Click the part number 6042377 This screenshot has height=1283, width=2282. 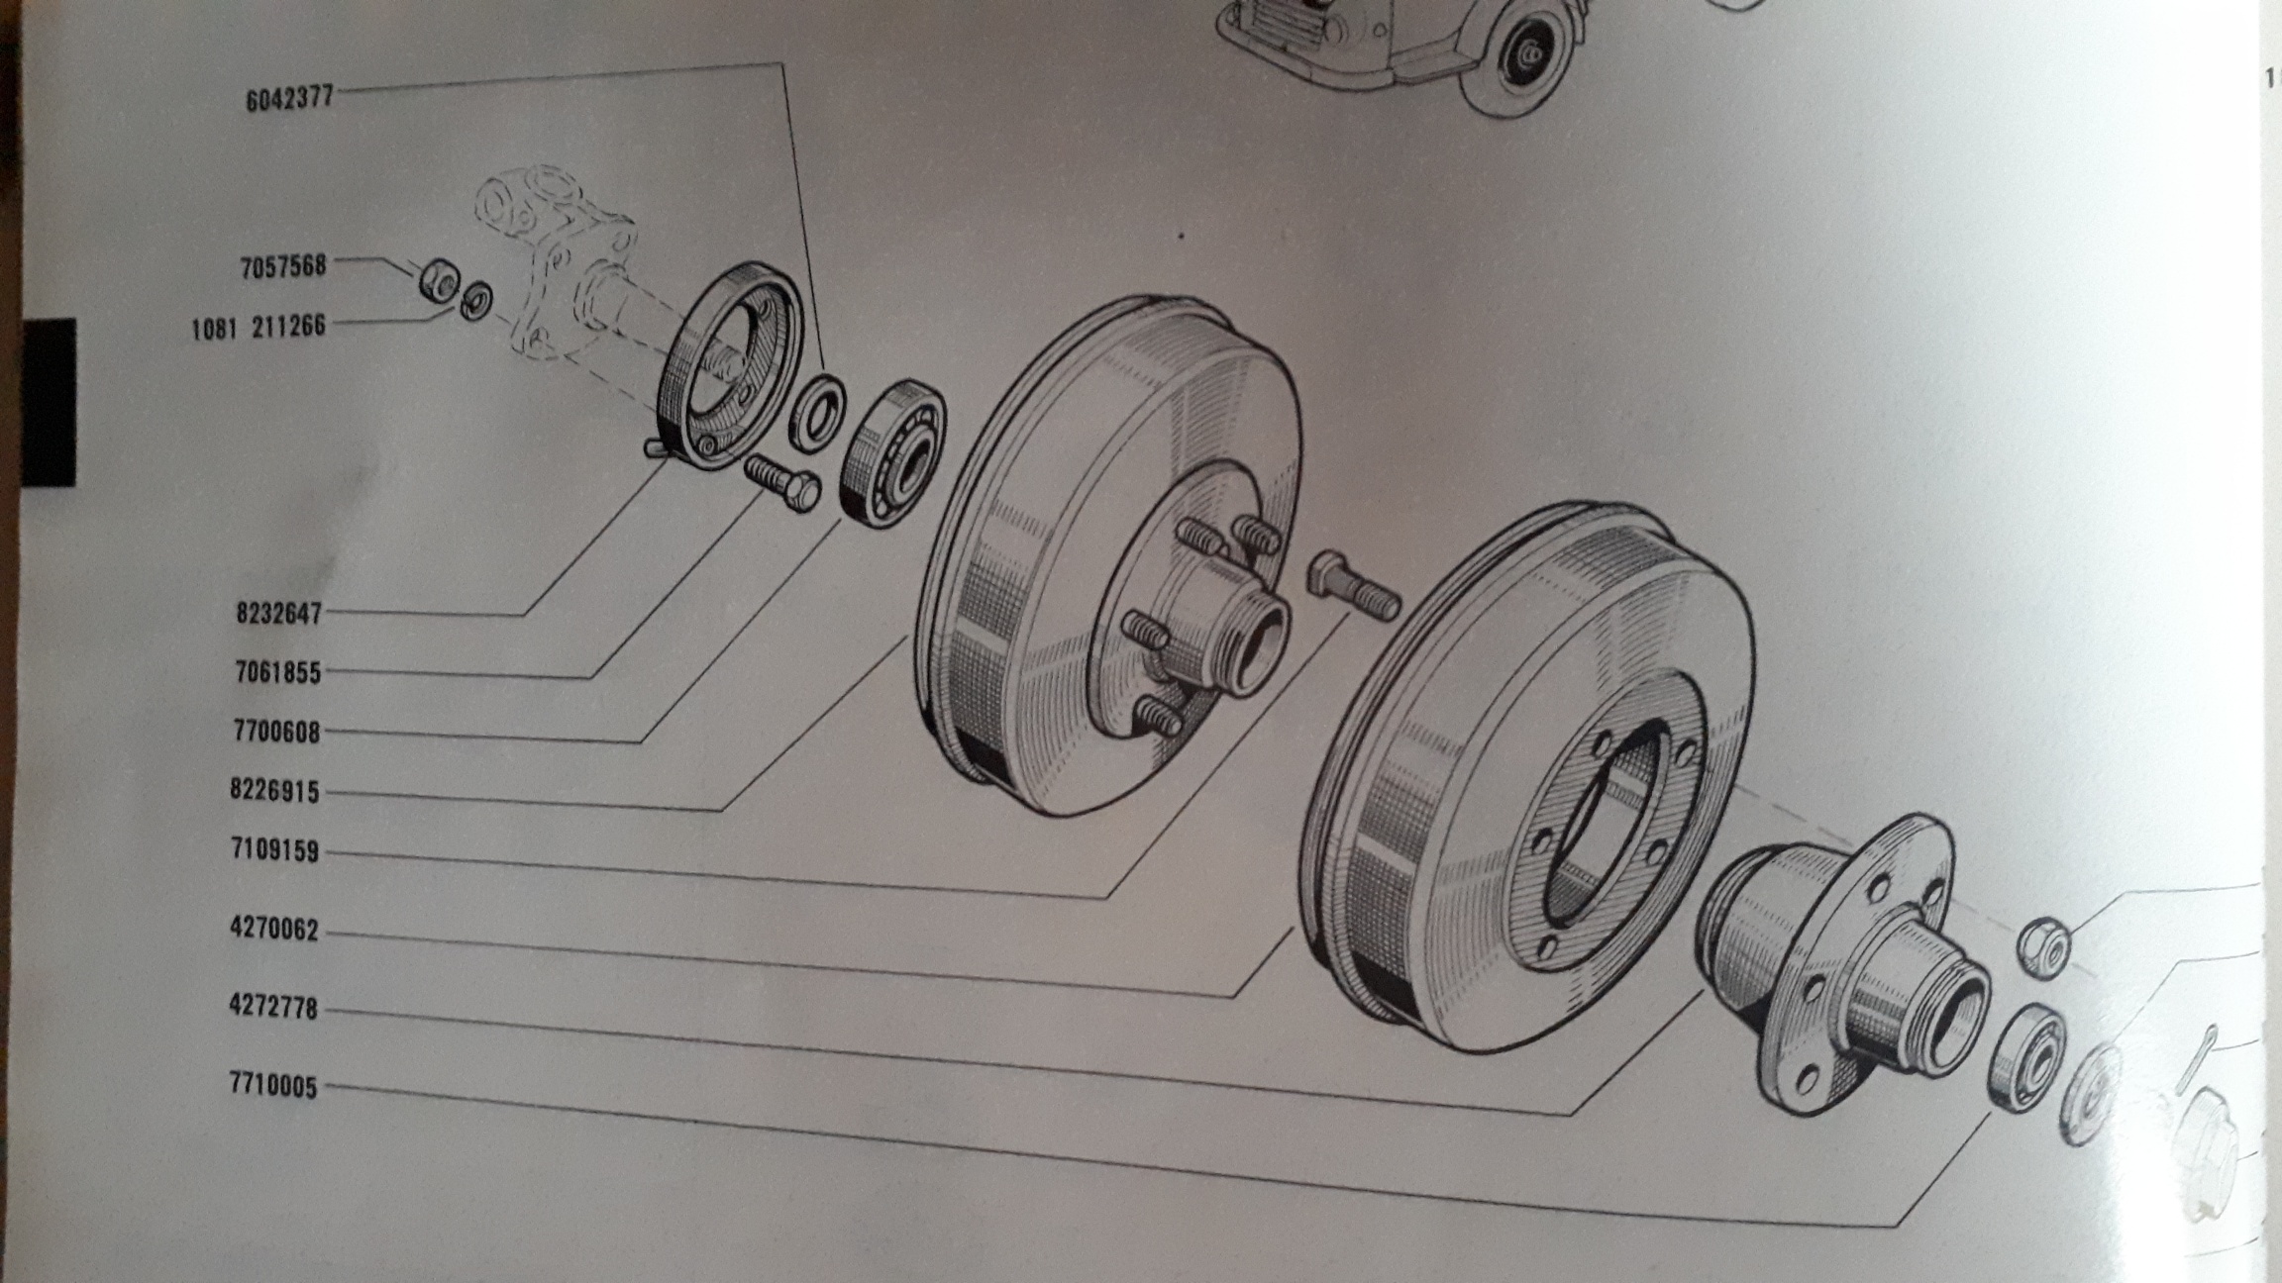click(289, 98)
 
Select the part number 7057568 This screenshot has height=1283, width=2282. click(283, 266)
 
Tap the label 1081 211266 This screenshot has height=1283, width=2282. click(259, 326)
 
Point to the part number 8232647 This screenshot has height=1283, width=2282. click(278, 613)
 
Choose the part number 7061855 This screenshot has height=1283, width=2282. click(278, 672)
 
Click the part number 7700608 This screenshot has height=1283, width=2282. click(277, 732)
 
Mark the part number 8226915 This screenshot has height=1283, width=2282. click(274, 791)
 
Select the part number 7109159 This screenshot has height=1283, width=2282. click(274, 850)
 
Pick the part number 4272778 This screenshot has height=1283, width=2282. click(273, 1007)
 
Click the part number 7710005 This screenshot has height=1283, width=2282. click(273, 1086)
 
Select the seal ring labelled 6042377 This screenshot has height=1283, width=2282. click(818, 414)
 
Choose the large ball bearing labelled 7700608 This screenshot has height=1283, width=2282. click(893, 453)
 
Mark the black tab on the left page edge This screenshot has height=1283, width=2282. click(49, 402)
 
